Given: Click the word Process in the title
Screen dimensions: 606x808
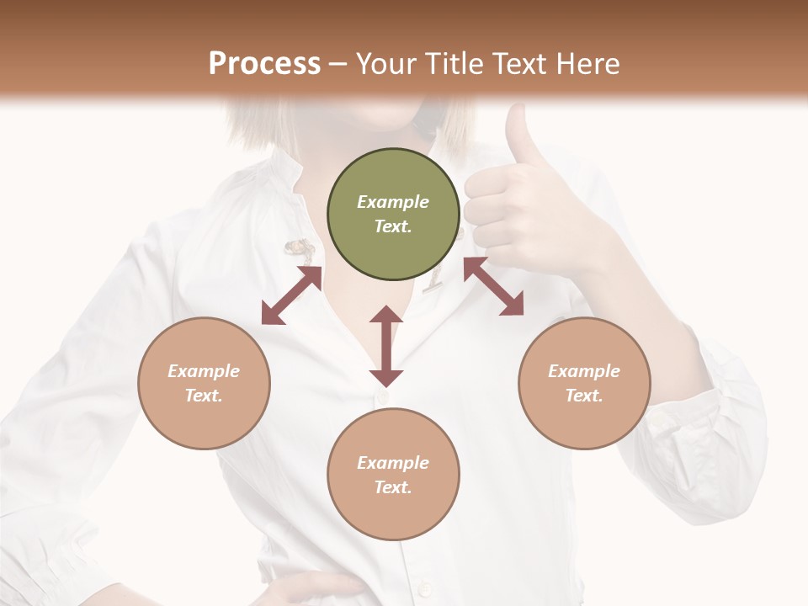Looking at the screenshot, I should click(x=264, y=63).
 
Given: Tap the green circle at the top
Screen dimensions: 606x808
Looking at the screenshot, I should click(x=393, y=214).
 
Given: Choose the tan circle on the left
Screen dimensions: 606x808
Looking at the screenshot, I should click(x=204, y=383).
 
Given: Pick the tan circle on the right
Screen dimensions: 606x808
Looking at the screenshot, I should click(x=584, y=383).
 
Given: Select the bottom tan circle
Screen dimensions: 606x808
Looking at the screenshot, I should click(x=393, y=475).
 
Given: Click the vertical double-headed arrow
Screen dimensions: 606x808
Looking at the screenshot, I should click(x=386, y=346).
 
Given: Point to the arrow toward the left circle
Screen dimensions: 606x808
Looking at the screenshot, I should click(x=291, y=295).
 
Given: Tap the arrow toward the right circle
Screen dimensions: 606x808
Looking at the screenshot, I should click(x=493, y=286).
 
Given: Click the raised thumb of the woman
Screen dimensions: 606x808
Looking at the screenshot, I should click(x=516, y=135).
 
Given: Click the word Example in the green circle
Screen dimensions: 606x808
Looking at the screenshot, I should click(x=393, y=202).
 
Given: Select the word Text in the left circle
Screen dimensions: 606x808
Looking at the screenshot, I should click(x=204, y=396).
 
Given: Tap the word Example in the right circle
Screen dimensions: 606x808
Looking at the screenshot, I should click(x=584, y=371).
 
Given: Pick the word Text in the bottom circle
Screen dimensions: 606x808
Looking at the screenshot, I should click(x=393, y=487).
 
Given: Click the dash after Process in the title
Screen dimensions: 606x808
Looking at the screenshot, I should click(x=338, y=64).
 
